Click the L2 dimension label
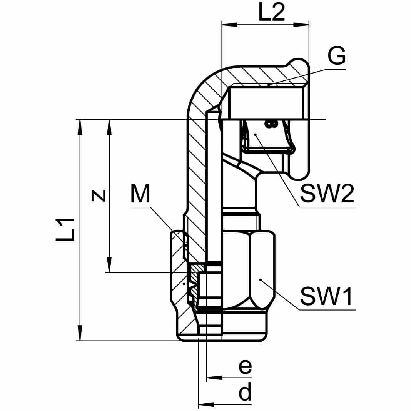pos(272,13)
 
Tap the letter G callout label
pos(337,56)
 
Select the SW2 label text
pos(327,194)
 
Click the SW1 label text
pos(327,296)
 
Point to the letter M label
pos(140,194)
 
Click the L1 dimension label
pos(65,230)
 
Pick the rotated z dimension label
pos(99,195)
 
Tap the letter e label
pos(245,366)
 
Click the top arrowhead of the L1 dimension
pos(80,127)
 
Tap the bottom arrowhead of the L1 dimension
pos(80,333)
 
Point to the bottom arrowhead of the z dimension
pos(110,265)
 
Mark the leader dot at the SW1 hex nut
pos(261,280)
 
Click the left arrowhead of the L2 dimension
pos(229,25)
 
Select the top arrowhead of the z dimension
pos(110,127)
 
